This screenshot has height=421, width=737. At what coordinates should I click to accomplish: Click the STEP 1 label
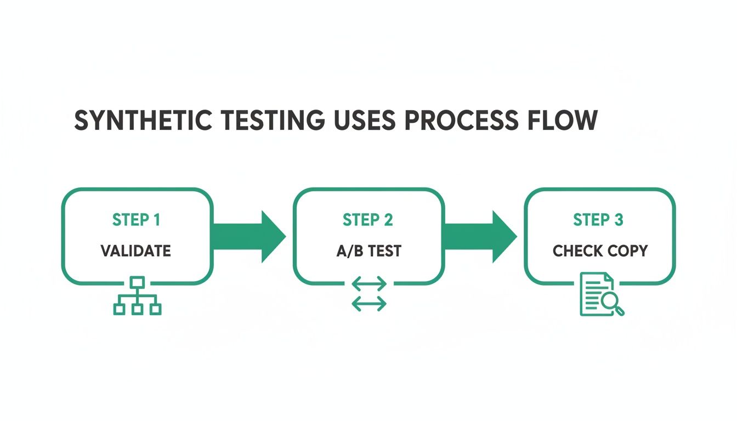tap(136, 220)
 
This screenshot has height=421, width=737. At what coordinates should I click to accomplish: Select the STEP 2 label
tap(368, 220)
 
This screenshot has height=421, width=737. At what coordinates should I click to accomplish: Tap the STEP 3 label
tap(598, 220)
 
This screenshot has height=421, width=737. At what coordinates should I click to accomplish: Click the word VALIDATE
tap(136, 251)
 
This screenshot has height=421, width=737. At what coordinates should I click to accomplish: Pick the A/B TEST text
tap(368, 251)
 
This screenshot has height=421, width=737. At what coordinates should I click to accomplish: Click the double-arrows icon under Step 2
tap(368, 294)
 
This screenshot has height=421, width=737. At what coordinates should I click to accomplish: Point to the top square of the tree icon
tap(137, 282)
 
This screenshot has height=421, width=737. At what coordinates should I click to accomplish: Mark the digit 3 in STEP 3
tap(619, 220)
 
